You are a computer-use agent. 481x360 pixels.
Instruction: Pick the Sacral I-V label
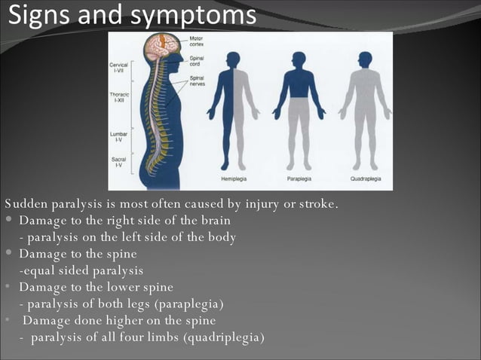(119, 162)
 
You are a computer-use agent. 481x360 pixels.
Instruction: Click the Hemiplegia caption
(234, 179)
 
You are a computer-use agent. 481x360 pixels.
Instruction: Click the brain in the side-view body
(161, 47)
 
